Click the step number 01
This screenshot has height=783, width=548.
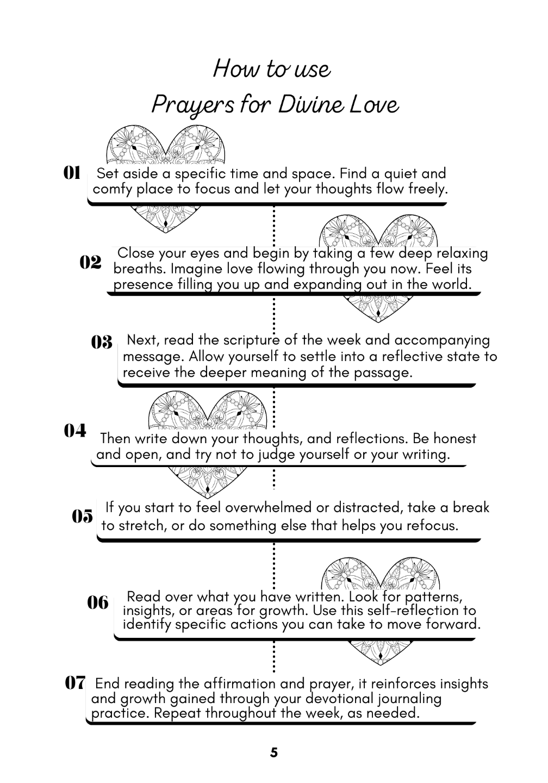72,173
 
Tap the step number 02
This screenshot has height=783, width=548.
90,262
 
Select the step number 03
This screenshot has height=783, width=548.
102,342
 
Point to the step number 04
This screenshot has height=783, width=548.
75,431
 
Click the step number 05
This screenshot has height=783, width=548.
82,516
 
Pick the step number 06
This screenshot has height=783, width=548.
98,602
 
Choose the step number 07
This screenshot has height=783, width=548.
75,682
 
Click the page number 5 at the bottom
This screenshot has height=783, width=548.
273,753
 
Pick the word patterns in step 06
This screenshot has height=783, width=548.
433,597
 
